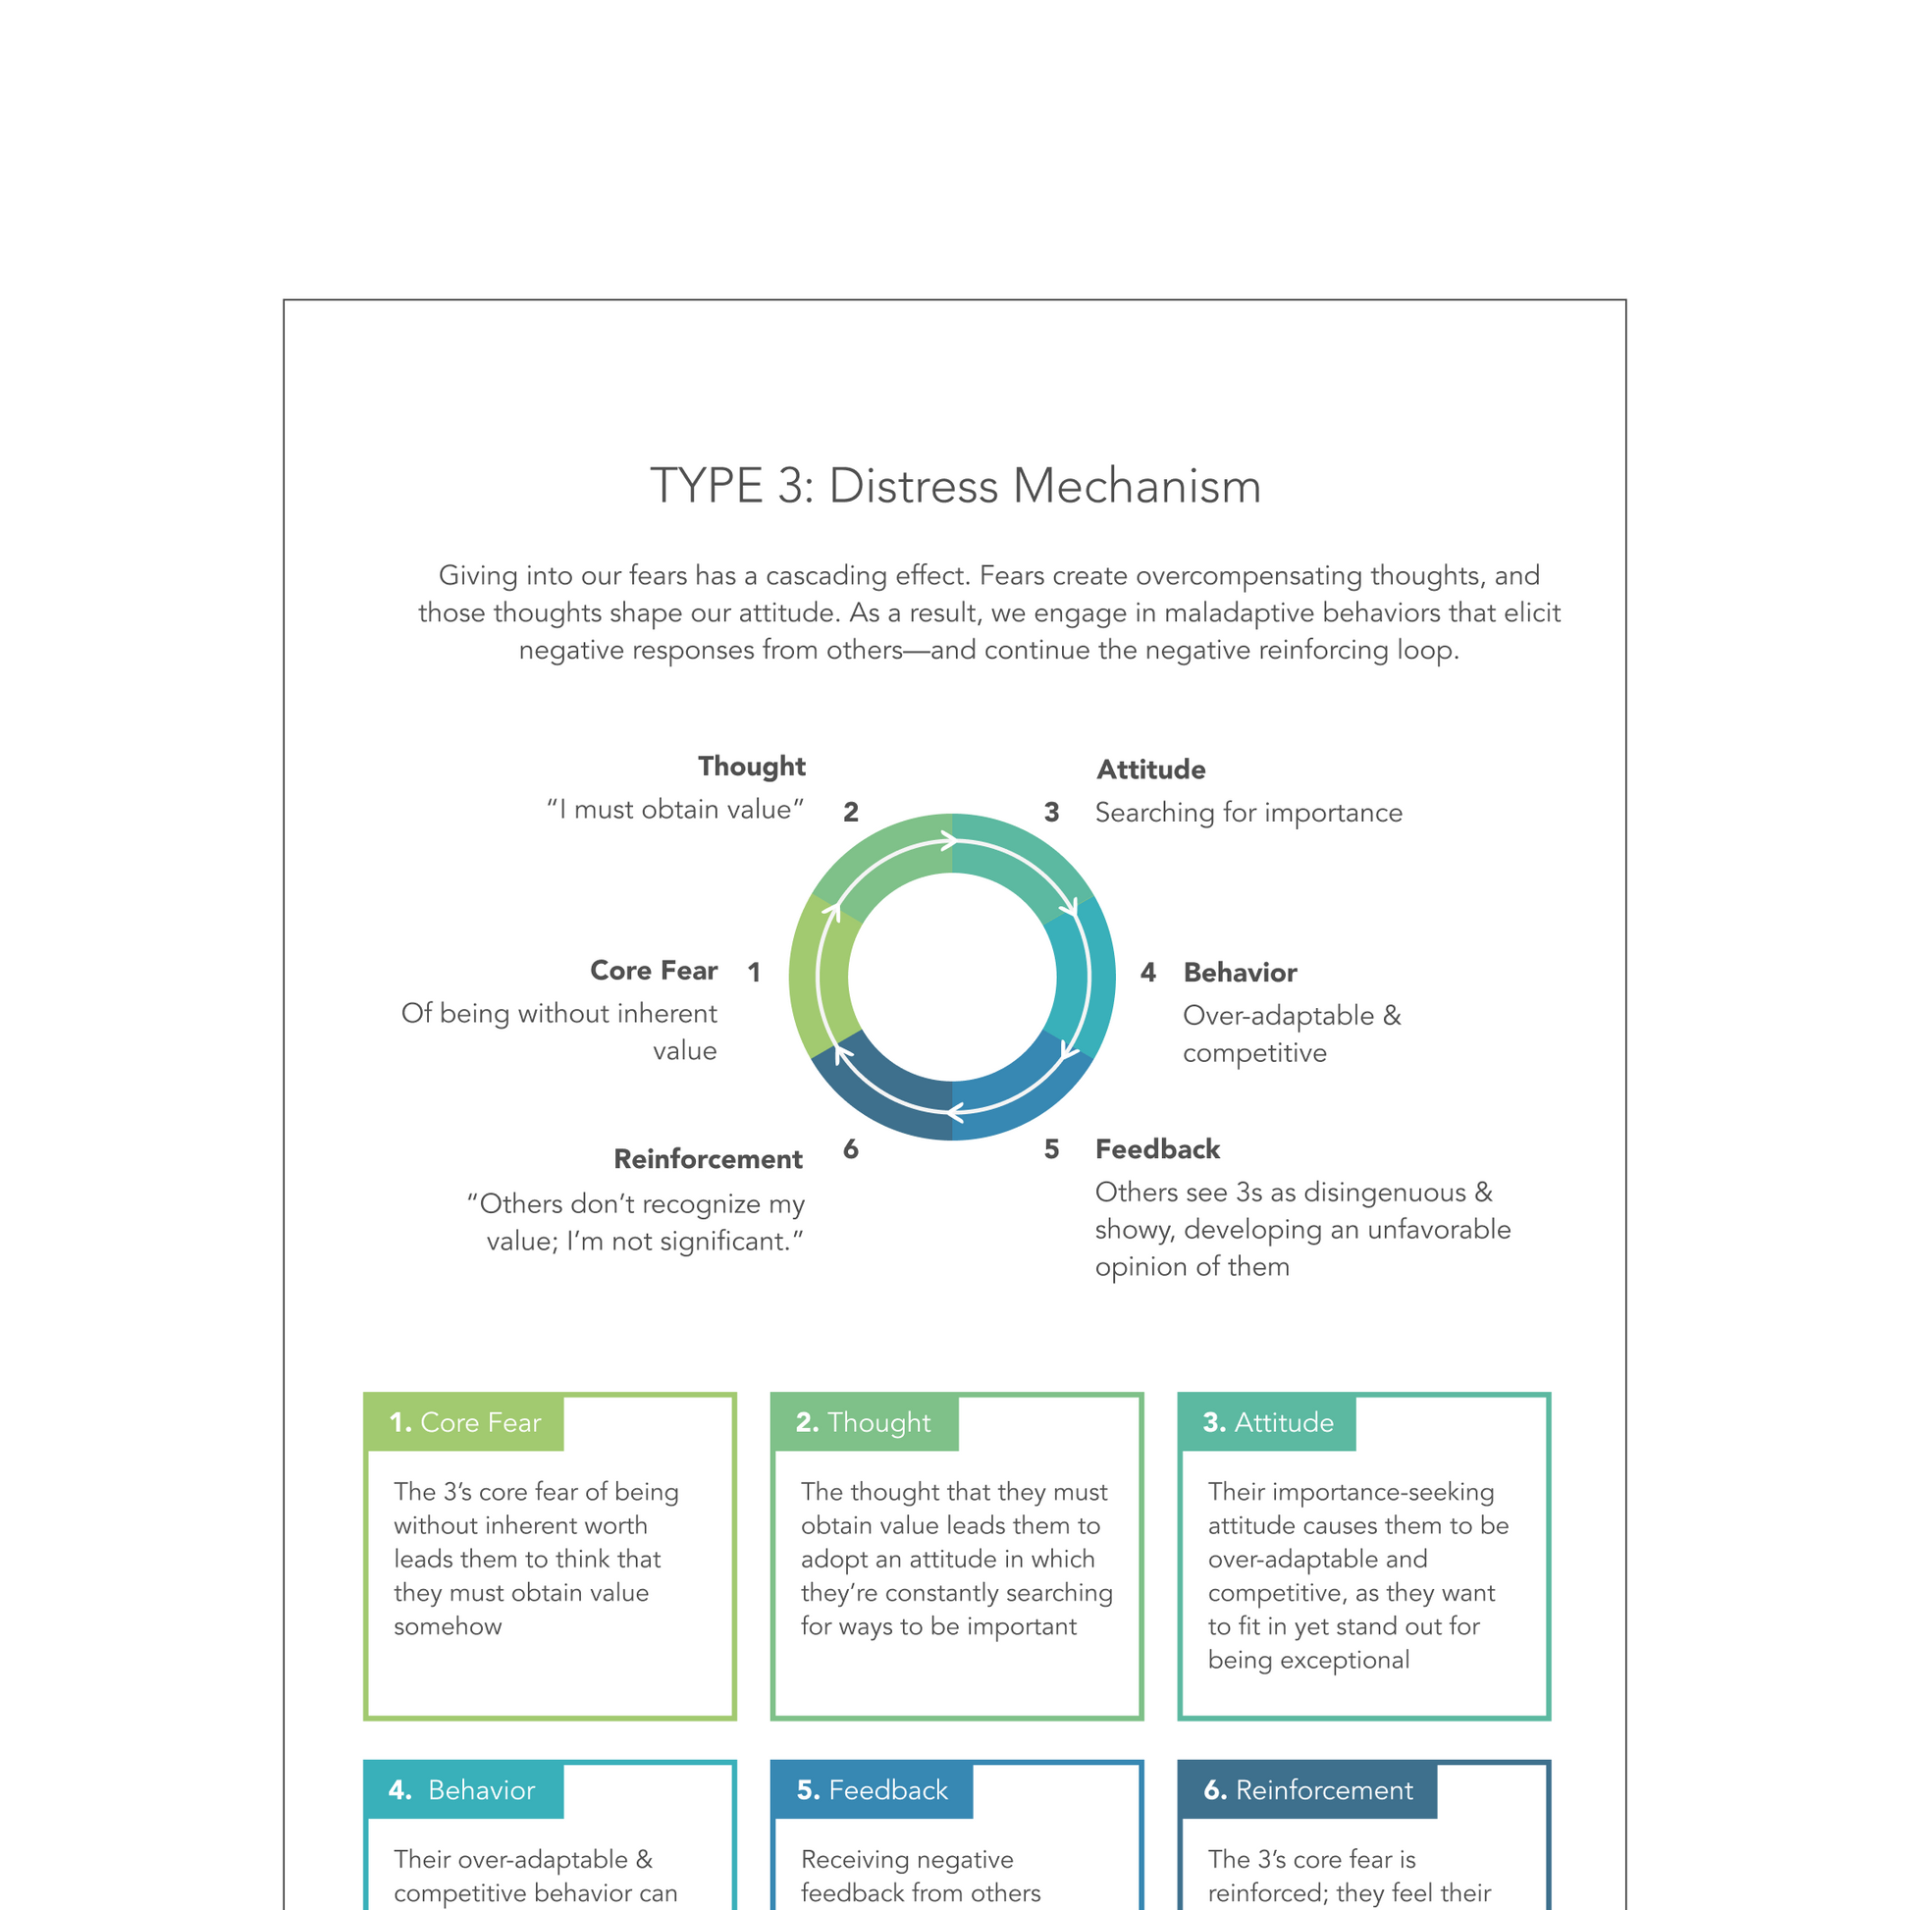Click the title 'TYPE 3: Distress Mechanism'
pyautogui.click(x=955, y=487)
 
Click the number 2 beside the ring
pyautogui.click(x=850, y=813)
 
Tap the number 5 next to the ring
pyautogui.click(x=1052, y=1148)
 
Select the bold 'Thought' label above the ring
pyautogui.click(x=752, y=767)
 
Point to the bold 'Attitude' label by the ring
pyautogui.click(x=1150, y=769)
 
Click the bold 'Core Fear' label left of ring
pyautogui.click(x=654, y=970)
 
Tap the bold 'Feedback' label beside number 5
pyautogui.click(x=1157, y=1148)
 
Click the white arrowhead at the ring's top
pyautogui.click(x=950, y=841)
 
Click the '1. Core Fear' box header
pyautogui.click(x=464, y=1422)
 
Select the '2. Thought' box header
pyautogui.click(x=864, y=1422)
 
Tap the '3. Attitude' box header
pyautogui.click(x=1267, y=1422)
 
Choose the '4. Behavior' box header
pyautogui.click(x=462, y=1790)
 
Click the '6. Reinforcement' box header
pyautogui.click(x=1308, y=1790)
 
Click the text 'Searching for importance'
pyautogui.click(x=1248, y=813)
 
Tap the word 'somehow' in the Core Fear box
pyautogui.click(x=448, y=1626)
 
